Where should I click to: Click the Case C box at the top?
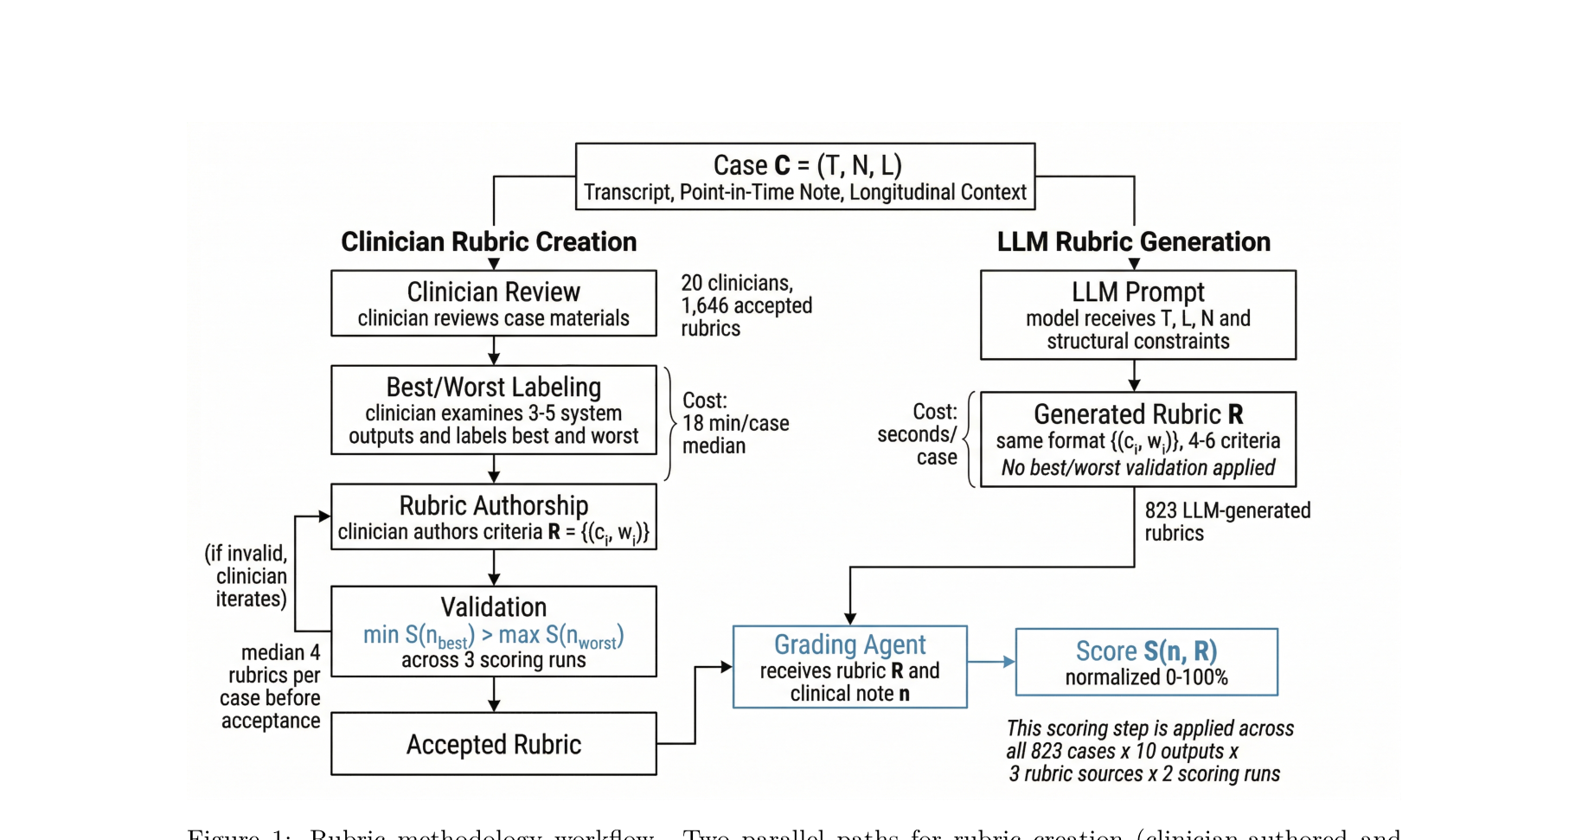pos(805,176)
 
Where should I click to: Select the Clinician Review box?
pos(494,303)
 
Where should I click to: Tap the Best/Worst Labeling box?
pos(494,410)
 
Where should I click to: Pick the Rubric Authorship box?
pos(494,516)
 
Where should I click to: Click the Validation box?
pos(494,632)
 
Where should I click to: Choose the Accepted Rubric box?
pos(494,744)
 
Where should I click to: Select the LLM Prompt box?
pos(1138,315)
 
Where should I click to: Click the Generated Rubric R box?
pos(1138,439)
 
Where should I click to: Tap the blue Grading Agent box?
pos(849,667)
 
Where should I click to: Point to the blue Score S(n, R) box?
pos(1146,663)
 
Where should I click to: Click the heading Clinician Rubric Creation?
pos(489,241)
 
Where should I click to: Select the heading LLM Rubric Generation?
pos(1134,241)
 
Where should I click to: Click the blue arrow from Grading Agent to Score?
pos(991,662)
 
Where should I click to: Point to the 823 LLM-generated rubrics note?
pos(1227,522)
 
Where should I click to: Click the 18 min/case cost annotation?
pos(736,423)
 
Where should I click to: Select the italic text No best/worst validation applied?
pos(1138,468)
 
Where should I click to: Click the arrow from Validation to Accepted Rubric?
pos(494,695)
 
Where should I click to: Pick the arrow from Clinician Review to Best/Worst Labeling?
pos(494,350)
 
